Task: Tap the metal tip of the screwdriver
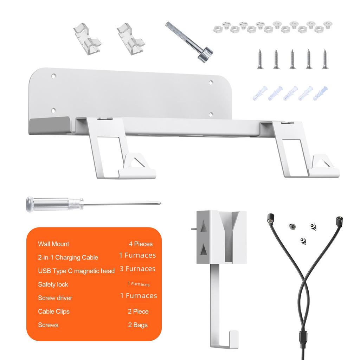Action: [x=159, y=202]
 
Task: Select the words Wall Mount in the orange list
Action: [x=53, y=244]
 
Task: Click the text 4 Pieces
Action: [x=141, y=244]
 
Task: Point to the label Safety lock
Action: [x=53, y=284]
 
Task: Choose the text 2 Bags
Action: [x=138, y=325]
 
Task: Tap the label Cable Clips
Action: [x=54, y=311]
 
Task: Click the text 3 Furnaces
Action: [x=137, y=269]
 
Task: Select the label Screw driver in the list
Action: [x=55, y=298]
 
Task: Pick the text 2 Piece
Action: [x=138, y=311]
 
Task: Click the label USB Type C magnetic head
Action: [x=76, y=271]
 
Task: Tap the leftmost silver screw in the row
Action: [x=260, y=59]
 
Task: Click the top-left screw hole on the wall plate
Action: [x=54, y=75]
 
